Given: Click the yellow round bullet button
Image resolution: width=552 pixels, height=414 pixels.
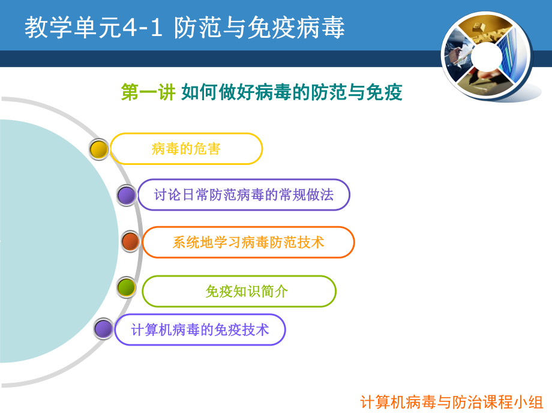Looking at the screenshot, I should (x=99, y=149).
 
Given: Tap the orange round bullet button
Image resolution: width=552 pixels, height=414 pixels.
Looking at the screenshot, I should (x=130, y=242).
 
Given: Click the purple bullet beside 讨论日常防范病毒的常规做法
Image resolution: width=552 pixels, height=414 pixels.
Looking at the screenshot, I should (x=126, y=195).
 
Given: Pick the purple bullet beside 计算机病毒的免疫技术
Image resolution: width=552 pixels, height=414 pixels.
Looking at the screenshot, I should (x=104, y=329).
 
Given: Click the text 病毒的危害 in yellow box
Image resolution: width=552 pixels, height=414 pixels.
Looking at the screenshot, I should (x=186, y=149).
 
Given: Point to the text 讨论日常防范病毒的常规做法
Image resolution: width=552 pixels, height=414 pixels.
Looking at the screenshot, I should (x=244, y=195).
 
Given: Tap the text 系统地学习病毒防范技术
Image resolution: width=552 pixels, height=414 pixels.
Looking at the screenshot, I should (x=248, y=242).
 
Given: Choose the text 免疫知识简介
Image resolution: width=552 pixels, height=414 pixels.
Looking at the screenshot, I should (x=246, y=292).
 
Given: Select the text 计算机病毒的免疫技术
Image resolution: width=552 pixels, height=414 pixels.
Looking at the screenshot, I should (x=200, y=329).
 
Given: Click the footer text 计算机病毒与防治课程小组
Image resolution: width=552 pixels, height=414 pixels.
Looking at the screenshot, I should (x=451, y=402).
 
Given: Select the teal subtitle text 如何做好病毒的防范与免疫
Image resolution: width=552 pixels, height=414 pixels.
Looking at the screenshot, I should (x=292, y=92).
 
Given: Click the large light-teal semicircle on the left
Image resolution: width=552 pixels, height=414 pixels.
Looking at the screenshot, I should (x=54, y=240).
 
